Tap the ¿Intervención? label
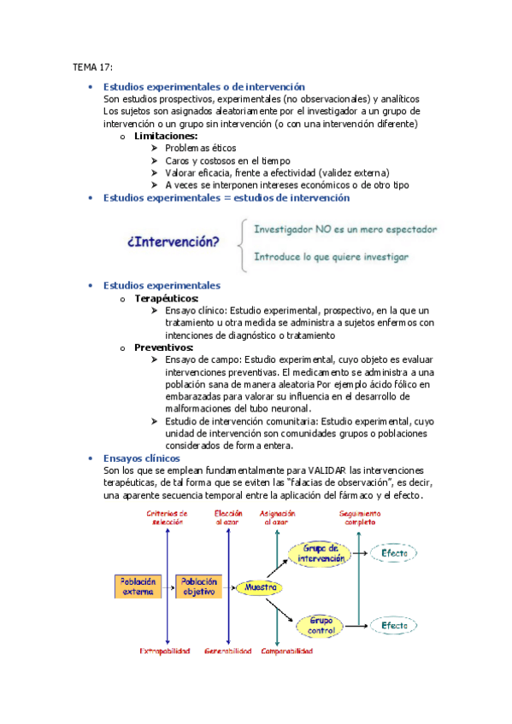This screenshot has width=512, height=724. click(x=172, y=242)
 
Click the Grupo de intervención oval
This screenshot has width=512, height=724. click(x=321, y=553)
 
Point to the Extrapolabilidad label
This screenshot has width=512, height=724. click(x=168, y=651)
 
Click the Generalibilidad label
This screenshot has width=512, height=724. click(x=228, y=651)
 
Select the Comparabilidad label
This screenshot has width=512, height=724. click(x=285, y=651)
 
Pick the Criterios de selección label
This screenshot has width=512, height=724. click(x=168, y=517)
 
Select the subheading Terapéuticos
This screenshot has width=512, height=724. click(x=167, y=299)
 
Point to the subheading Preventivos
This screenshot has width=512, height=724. click(x=164, y=347)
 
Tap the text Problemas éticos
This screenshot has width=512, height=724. click(x=201, y=149)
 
